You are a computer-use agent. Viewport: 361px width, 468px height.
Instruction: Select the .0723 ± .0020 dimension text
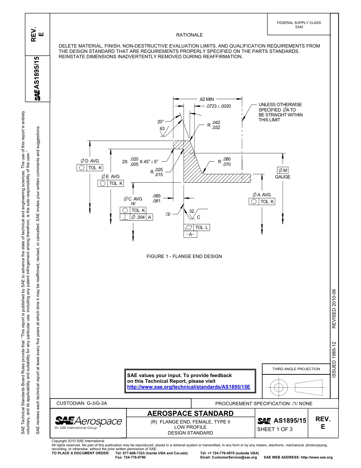218,106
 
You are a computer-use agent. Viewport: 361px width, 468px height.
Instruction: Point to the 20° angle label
161,122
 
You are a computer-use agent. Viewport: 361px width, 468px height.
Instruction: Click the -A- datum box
191,234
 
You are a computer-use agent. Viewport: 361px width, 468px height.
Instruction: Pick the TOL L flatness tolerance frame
196,228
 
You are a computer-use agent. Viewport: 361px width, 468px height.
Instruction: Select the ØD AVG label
90,161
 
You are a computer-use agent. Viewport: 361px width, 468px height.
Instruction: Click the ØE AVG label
111,177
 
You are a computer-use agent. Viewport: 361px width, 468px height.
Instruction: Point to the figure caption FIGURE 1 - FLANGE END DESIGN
184,256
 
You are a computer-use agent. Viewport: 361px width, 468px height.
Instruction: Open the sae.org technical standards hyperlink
188,387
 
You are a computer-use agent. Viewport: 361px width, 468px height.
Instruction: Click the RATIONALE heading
189,35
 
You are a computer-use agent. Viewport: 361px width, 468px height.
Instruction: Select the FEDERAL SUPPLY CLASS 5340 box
299,25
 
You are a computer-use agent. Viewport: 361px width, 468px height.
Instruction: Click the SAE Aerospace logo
88,422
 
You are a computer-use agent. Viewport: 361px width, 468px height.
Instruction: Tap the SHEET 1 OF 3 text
275,430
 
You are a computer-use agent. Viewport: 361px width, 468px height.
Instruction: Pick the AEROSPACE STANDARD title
190,413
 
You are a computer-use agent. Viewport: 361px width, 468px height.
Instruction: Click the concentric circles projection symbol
279,388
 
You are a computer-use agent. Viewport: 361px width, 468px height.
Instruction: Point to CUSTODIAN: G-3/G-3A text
84,403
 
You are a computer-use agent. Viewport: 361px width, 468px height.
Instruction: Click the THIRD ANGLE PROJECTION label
296,369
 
